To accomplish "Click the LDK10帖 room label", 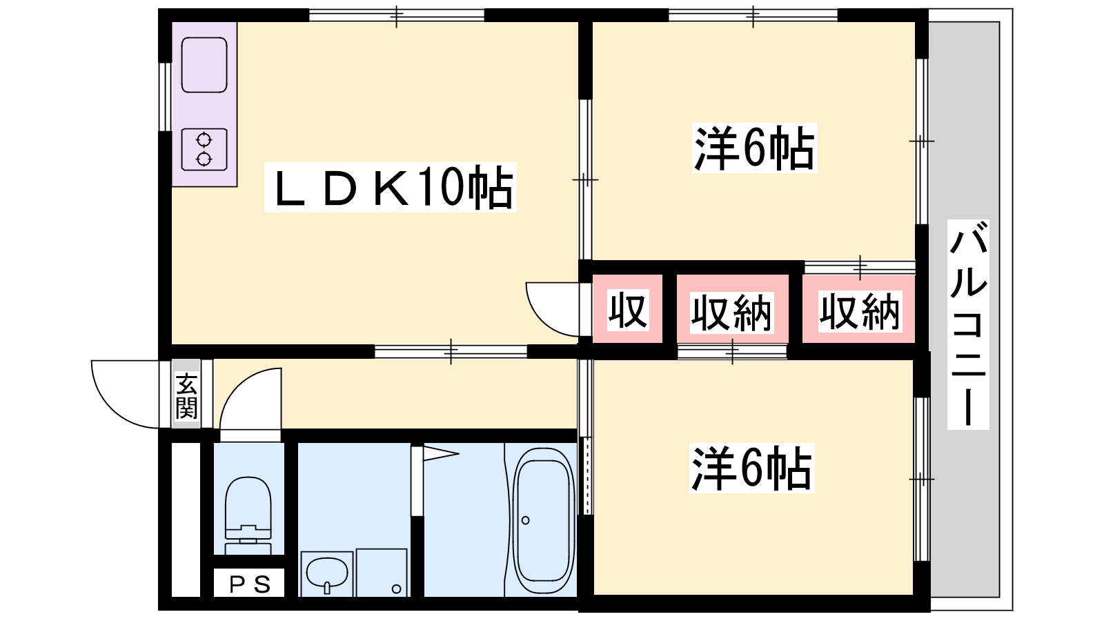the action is pyautogui.click(x=391, y=187).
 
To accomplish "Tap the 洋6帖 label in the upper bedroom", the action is pyautogui.click(x=755, y=148).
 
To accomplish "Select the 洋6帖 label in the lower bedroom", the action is pyautogui.click(x=751, y=469).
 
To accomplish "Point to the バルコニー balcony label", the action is pyautogui.click(x=968, y=325).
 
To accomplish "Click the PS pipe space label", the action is pyautogui.click(x=249, y=584).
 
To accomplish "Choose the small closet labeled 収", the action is pyautogui.click(x=627, y=310).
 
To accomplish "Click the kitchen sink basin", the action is pyautogui.click(x=204, y=65).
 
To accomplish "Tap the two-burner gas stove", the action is pyautogui.click(x=204, y=149).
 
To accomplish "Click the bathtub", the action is pyautogui.click(x=544, y=522).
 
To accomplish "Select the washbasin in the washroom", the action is pyautogui.click(x=327, y=574).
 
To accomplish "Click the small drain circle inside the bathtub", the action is pyautogui.click(x=525, y=520).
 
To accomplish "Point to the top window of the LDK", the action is pyautogui.click(x=397, y=15).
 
